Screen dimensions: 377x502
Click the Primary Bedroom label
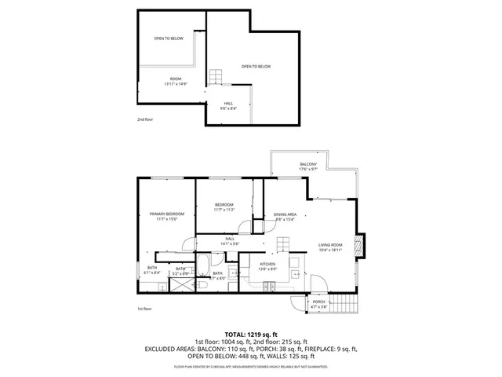point(167,214)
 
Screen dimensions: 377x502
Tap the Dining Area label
point(285,214)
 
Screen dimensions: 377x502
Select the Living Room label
point(330,245)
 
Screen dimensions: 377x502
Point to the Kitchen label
point(267,265)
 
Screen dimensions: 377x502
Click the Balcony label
point(307,163)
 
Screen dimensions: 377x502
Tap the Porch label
point(318,302)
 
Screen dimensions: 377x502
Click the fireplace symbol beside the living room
point(360,245)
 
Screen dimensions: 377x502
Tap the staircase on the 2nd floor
point(216,78)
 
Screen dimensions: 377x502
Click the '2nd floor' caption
point(144,119)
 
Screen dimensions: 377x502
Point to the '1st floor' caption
point(144,309)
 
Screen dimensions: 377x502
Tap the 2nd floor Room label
point(175,79)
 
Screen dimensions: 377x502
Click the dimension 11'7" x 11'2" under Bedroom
point(225,210)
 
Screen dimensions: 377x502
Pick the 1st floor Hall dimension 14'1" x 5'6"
point(230,243)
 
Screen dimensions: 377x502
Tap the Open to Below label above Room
point(168,38)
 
